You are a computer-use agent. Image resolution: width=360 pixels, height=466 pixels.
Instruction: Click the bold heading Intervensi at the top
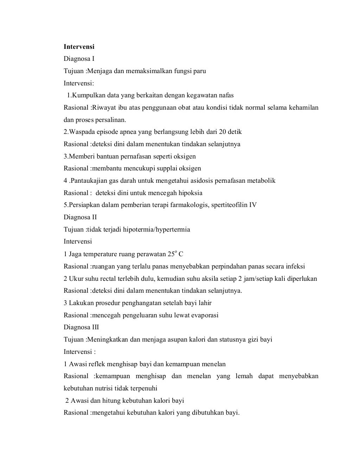tap(79, 46)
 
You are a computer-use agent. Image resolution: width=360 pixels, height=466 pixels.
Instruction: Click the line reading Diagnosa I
tap(79, 59)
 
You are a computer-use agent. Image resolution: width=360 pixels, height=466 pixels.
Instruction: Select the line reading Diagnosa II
tap(80, 217)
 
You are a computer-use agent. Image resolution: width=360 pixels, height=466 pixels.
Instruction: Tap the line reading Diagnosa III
tap(81, 327)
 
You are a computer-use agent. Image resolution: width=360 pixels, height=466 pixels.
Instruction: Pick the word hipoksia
tap(190, 193)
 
